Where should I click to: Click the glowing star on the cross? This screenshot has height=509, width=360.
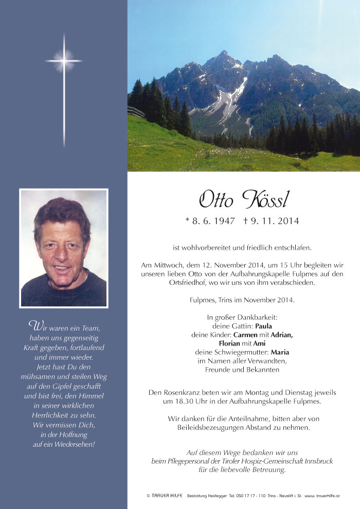(64, 61)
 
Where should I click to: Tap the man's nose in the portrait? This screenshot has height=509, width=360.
(62, 255)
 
